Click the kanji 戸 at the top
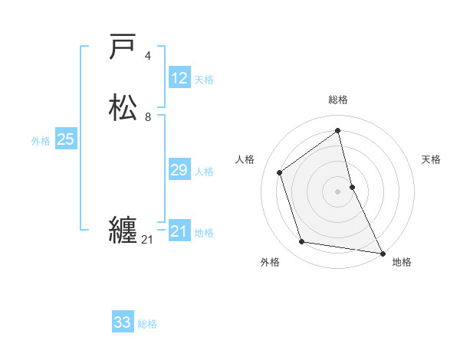(x=123, y=47)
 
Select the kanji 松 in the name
(x=123, y=108)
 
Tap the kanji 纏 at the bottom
(x=123, y=230)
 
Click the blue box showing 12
(x=179, y=78)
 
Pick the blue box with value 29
(x=179, y=170)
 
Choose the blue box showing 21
(x=179, y=231)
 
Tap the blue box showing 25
(x=66, y=139)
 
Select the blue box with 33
(x=123, y=322)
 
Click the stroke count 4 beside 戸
(x=148, y=56)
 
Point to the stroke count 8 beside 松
(x=148, y=117)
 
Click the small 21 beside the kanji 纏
(x=147, y=240)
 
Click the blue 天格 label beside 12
(x=204, y=80)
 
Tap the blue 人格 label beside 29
(x=204, y=172)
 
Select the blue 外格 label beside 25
(x=41, y=141)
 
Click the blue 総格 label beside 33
(x=147, y=324)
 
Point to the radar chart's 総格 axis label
(x=338, y=100)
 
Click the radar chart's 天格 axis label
(x=432, y=159)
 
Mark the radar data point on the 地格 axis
(x=382, y=252)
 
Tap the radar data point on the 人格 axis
(x=280, y=172)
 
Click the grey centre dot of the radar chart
(x=338, y=191)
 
